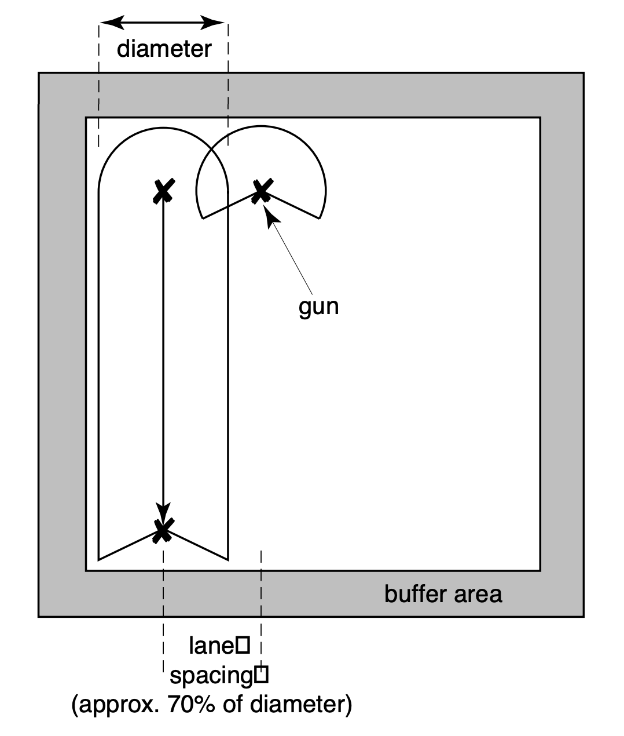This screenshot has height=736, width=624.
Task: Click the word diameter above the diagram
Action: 164,49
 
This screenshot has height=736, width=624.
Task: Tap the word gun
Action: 318,306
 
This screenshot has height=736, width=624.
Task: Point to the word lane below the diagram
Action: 211,646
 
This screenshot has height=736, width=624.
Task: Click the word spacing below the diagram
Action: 212,675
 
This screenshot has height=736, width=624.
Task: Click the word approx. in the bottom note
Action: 114,705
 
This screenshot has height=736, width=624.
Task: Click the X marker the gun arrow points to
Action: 261,191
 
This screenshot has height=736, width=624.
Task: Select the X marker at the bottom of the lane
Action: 163,529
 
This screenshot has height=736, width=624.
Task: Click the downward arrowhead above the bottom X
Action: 163,512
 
